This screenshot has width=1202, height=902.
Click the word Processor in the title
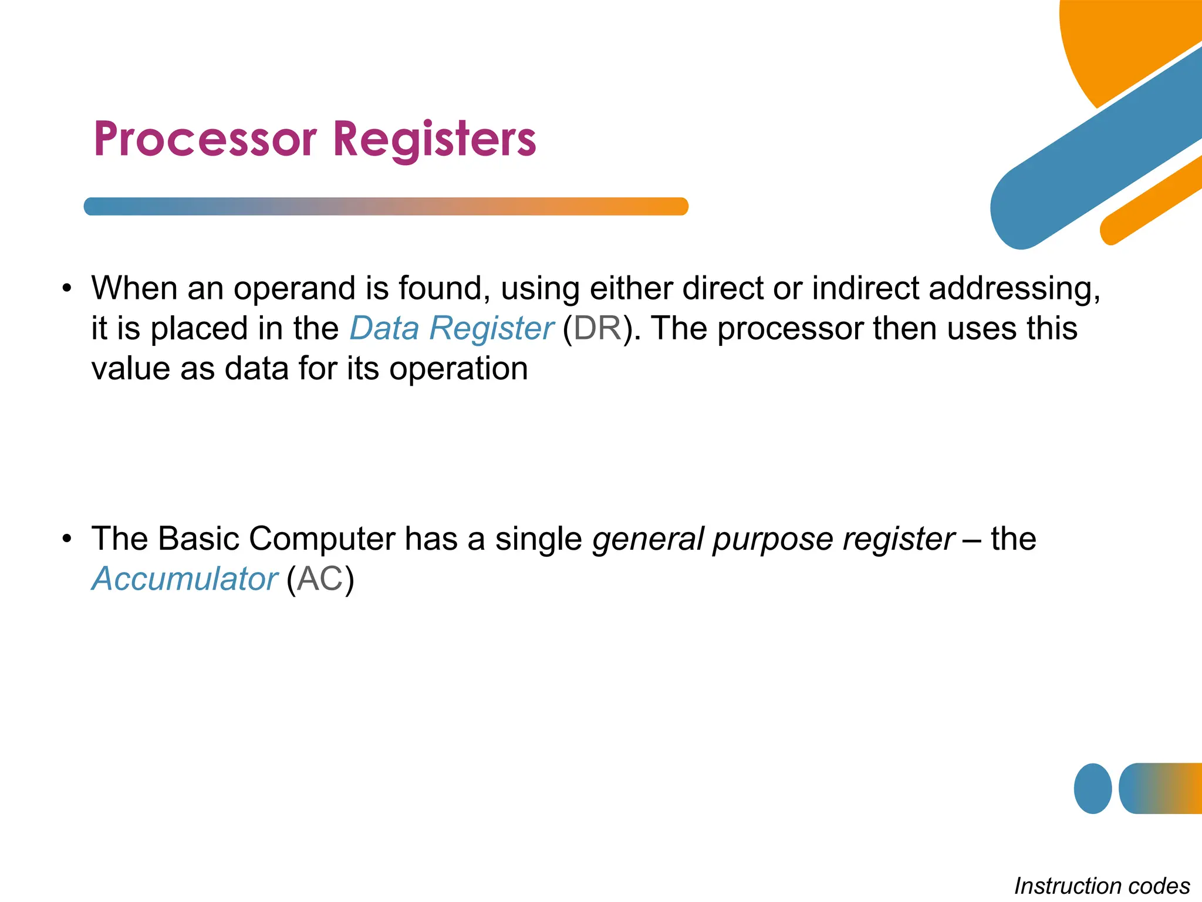[x=205, y=139]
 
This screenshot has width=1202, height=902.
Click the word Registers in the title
[x=434, y=139]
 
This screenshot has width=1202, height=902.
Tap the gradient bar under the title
[x=386, y=207]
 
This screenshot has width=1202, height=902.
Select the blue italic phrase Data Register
[x=451, y=328]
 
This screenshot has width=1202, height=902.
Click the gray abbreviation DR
[x=597, y=328]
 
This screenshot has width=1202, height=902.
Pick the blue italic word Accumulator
[x=184, y=579]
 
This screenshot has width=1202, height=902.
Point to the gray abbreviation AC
[x=320, y=579]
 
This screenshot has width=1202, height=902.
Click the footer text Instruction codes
[x=1102, y=886]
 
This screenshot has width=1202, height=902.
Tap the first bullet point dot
[x=67, y=289]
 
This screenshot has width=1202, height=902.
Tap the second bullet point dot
[x=67, y=538]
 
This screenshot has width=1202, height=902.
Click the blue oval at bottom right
[x=1092, y=789]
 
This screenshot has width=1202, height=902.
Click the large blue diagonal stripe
[x=1098, y=153]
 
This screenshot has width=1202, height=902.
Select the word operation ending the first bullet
[x=458, y=369]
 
